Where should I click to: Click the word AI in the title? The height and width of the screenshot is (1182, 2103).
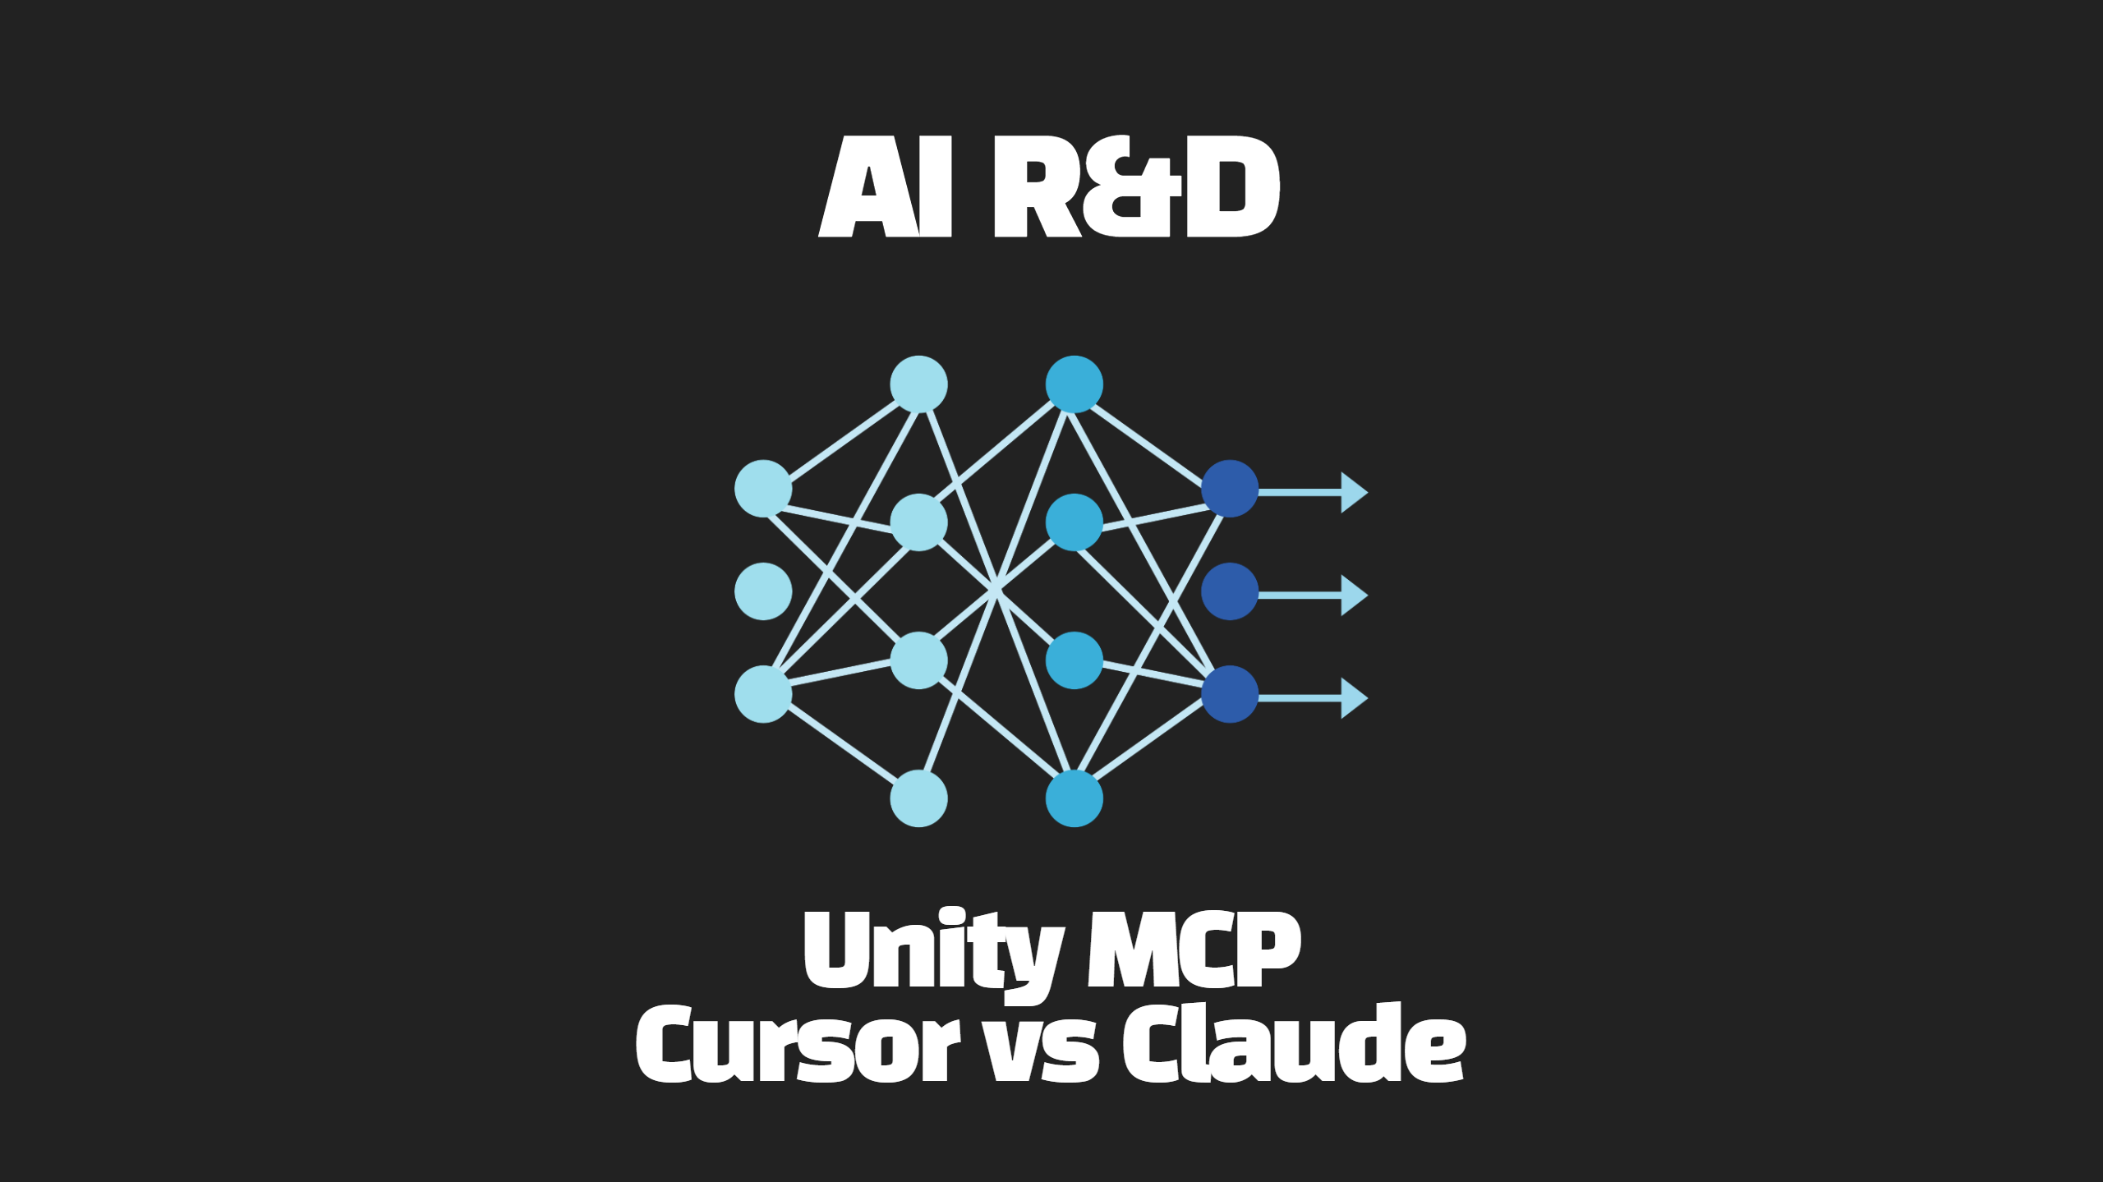point(885,187)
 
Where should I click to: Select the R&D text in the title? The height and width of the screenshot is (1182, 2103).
point(1137,187)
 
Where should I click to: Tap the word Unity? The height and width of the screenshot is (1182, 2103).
point(932,953)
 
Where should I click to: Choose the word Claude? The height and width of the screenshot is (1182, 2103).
point(1294,1043)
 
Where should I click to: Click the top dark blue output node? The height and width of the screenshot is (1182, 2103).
point(1230,489)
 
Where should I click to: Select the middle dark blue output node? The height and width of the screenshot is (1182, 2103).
point(1230,591)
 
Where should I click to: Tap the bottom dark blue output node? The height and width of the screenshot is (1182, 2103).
point(1230,694)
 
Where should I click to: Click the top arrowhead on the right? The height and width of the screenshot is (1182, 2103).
point(1354,492)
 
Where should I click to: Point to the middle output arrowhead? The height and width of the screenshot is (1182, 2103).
point(1354,595)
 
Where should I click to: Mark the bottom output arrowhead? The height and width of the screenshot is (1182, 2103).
point(1354,697)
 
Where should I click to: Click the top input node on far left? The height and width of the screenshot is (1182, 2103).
point(763,489)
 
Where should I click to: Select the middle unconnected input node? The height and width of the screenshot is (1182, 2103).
point(763,591)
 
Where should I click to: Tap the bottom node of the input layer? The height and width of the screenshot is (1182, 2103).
point(763,694)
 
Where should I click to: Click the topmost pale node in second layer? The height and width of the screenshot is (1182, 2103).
point(918,384)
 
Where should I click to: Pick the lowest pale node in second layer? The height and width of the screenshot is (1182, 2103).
point(918,798)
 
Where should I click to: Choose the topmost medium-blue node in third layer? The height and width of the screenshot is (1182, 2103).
point(1074,384)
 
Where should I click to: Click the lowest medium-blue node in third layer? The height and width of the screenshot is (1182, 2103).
point(1074,798)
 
